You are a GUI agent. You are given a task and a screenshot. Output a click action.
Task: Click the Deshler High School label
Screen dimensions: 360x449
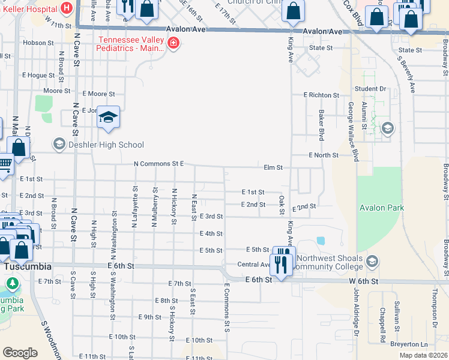[x=106, y=145]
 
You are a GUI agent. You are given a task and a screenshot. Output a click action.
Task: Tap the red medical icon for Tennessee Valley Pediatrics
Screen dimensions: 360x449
[x=173, y=43]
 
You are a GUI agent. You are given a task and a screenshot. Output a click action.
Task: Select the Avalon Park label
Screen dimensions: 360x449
[x=382, y=208]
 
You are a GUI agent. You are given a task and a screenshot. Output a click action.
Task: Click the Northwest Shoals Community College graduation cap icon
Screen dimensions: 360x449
[x=372, y=261]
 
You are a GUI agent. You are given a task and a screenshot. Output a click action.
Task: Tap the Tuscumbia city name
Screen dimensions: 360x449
[x=26, y=266]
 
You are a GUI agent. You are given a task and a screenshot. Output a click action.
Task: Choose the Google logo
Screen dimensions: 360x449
[x=20, y=353]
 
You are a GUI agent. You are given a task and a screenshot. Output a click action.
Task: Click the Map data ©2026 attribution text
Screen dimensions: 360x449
[x=423, y=355]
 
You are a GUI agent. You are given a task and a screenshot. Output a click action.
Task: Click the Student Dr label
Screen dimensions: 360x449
[x=370, y=89]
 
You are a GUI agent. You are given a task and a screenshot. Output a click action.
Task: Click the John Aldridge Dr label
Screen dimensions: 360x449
[x=355, y=310]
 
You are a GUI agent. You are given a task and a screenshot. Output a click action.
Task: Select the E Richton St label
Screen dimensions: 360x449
[x=321, y=95]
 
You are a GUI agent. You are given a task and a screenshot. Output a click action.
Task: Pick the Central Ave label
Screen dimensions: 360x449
[x=255, y=265]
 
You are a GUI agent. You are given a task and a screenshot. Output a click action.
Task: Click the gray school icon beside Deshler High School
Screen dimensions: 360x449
[x=59, y=144]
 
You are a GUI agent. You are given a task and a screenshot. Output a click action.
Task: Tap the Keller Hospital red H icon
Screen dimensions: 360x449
[x=66, y=9]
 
